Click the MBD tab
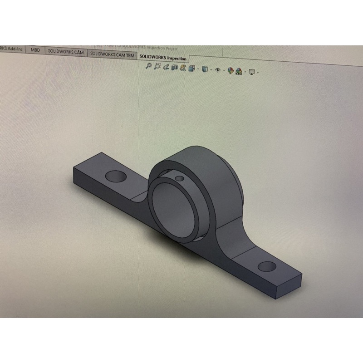pos(35,50)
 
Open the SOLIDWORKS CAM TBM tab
pos(112,54)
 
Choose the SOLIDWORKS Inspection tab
pos(162,58)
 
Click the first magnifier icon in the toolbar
pos(148,66)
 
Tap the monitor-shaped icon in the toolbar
pos(252,71)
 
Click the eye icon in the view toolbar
pos(218,70)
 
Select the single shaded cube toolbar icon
pos(205,69)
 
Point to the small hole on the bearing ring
pos(179,178)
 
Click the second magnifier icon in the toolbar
pos(157,67)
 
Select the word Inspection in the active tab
pos(177,59)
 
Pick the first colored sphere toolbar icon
pos(231,71)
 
